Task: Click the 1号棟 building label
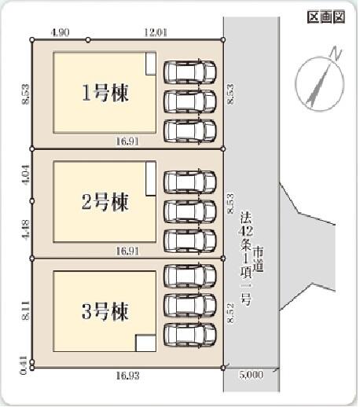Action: (105, 93)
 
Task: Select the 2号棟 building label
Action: (105, 202)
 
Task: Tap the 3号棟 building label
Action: (105, 311)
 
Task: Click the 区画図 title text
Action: (326, 17)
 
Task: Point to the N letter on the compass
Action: (336, 53)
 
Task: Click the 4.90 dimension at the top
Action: (61, 32)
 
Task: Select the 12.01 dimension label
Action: (156, 32)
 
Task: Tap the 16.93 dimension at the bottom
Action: (127, 376)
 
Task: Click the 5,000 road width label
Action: (251, 375)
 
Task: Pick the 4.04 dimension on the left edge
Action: (26, 175)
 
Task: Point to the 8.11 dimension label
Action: (26, 310)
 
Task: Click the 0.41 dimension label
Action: (24, 365)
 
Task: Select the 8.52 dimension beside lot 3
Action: (230, 313)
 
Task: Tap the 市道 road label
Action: (258, 258)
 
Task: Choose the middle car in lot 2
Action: (190, 211)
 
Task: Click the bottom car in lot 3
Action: (190, 335)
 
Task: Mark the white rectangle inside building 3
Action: (145, 343)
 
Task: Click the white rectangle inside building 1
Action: (151, 64)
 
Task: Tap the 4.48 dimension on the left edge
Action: (26, 229)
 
